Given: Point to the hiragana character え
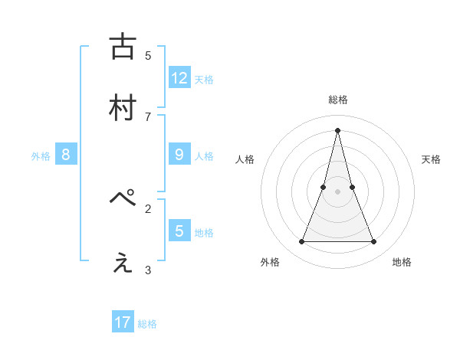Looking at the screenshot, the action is click(x=123, y=263).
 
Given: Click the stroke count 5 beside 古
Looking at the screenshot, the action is click(x=148, y=55).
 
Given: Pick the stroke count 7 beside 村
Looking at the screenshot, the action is click(x=148, y=116).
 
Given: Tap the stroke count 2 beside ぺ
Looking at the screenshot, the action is click(x=148, y=208).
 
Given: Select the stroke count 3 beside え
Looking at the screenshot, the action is click(x=148, y=270).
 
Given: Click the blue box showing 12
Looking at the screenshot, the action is click(x=179, y=78).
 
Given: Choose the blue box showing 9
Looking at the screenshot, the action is click(x=179, y=155).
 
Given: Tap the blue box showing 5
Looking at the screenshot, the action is click(x=179, y=231).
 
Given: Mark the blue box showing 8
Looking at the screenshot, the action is click(x=66, y=155).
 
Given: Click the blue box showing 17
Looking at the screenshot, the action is click(x=123, y=322).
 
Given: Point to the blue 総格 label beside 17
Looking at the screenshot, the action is click(x=147, y=324).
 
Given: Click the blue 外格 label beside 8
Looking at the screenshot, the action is click(x=41, y=156).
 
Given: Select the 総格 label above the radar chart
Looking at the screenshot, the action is click(x=337, y=100).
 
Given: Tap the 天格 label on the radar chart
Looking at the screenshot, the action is click(x=431, y=159).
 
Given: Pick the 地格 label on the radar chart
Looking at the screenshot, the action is click(x=402, y=262).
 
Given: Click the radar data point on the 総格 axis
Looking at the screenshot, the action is click(x=337, y=129).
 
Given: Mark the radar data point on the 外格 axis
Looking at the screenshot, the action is click(x=301, y=242).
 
